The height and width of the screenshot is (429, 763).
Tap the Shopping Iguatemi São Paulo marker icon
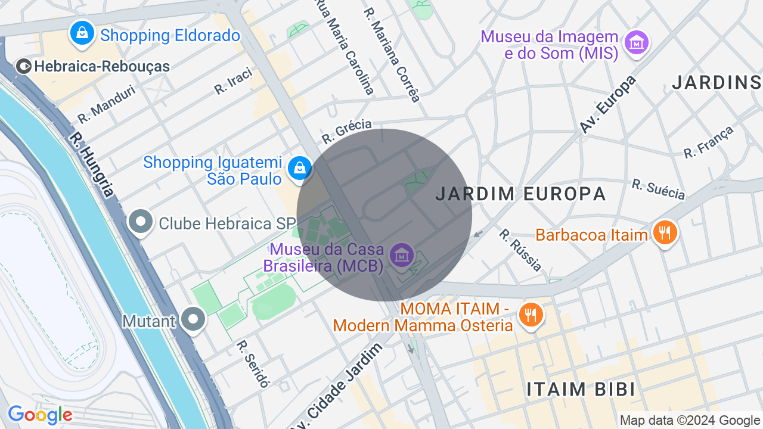click(299, 169)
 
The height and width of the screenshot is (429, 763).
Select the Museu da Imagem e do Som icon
click(636, 42)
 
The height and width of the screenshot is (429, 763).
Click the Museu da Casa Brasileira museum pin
click(401, 255)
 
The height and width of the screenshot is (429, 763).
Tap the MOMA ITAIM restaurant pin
click(529, 314)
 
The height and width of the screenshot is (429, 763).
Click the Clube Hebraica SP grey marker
click(141, 222)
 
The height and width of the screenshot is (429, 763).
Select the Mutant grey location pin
click(193, 320)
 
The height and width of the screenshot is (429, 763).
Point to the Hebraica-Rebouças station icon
click(24, 66)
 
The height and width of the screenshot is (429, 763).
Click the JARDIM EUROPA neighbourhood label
click(520, 194)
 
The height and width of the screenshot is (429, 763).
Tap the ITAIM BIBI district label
click(581, 389)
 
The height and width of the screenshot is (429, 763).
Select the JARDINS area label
click(717, 83)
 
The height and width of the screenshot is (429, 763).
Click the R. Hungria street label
click(91, 164)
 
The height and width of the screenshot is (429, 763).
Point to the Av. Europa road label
click(608, 104)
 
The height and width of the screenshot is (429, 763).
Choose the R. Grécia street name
click(346, 131)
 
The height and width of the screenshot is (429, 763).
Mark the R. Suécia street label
click(658, 189)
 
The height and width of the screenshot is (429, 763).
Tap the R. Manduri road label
click(107, 104)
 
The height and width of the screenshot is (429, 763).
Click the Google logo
click(40, 415)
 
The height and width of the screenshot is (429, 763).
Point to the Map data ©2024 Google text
click(690, 421)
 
